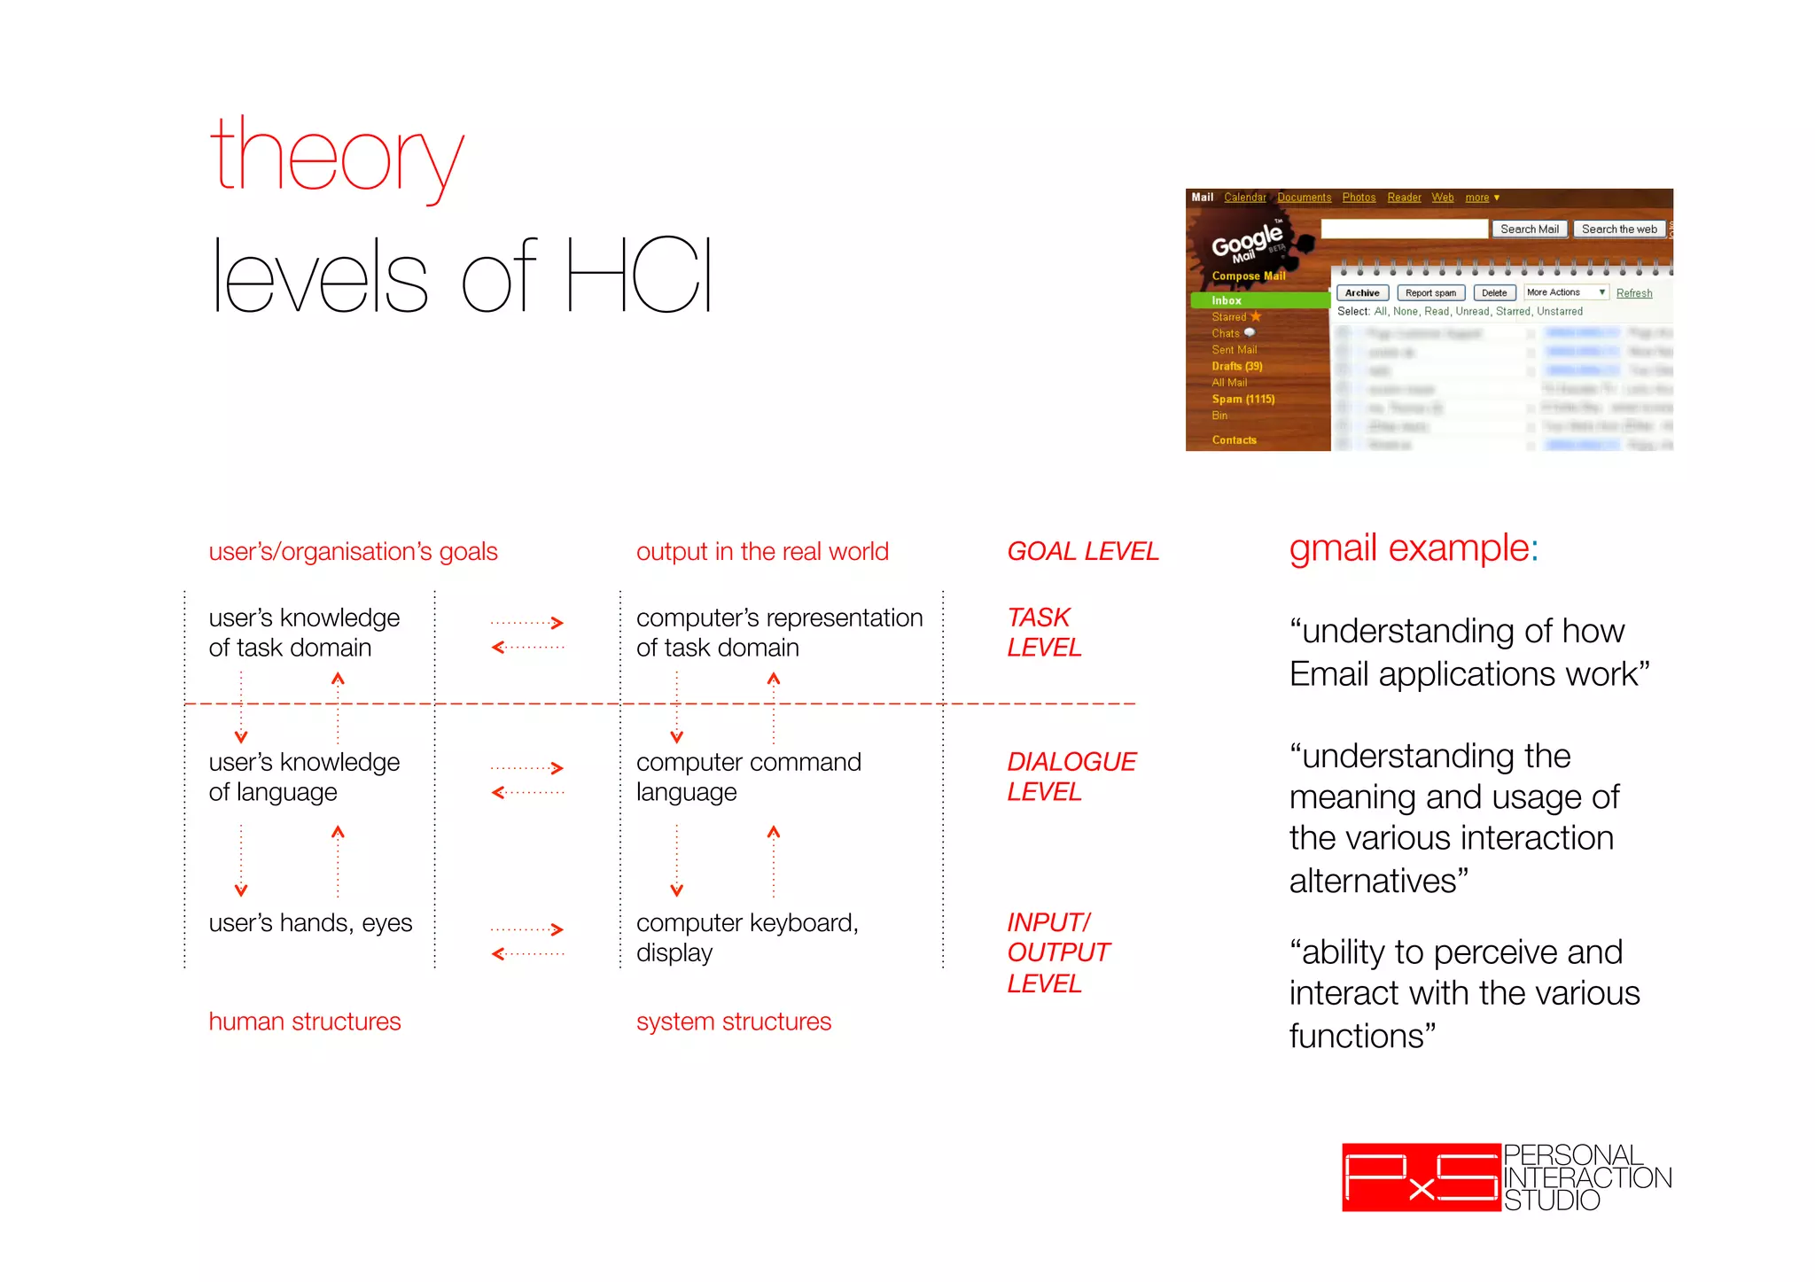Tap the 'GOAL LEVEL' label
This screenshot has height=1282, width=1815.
(x=1082, y=551)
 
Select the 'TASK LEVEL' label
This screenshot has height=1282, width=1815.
(x=1044, y=632)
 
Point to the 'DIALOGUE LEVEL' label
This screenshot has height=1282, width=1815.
(x=1071, y=776)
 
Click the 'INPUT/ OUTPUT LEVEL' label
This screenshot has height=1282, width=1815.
(x=1057, y=952)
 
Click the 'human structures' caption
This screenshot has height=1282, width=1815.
(x=304, y=1022)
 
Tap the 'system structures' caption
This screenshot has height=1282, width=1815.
(x=733, y=1022)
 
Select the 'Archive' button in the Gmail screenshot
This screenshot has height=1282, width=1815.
(x=1361, y=293)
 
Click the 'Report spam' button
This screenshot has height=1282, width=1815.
(x=1430, y=293)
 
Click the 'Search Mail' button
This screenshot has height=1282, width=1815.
(x=1529, y=229)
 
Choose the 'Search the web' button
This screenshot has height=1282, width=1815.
(x=1619, y=229)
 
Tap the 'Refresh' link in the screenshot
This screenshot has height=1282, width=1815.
(x=1633, y=293)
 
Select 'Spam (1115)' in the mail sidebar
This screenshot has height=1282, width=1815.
(x=1242, y=400)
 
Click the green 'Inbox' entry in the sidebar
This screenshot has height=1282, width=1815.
(x=1227, y=301)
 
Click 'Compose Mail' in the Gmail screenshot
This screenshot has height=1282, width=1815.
(x=1248, y=276)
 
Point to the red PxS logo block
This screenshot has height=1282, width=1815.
(x=1421, y=1177)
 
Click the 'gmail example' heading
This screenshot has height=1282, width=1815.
(x=1413, y=548)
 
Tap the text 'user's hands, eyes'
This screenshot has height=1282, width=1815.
(x=310, y=923)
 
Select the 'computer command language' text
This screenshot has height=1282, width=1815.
(x=748, y=776)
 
